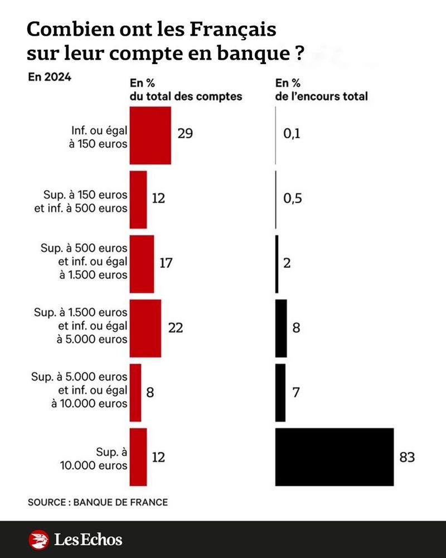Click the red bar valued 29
[x=150, y=136]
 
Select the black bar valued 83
[x=334, y=457]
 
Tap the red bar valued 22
[x=145, y=329]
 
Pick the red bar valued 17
[x=142, y=264]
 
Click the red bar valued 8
[x=135, y=393]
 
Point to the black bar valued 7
[x=280, y=393]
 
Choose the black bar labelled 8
[x=281, y=329]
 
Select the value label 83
[x=407, y=458]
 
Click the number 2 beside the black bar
[x=287, y=263]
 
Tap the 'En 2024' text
[x=49, y=78]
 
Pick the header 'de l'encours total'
[x=322, y=96]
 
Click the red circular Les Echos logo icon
[x=38, y=540]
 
